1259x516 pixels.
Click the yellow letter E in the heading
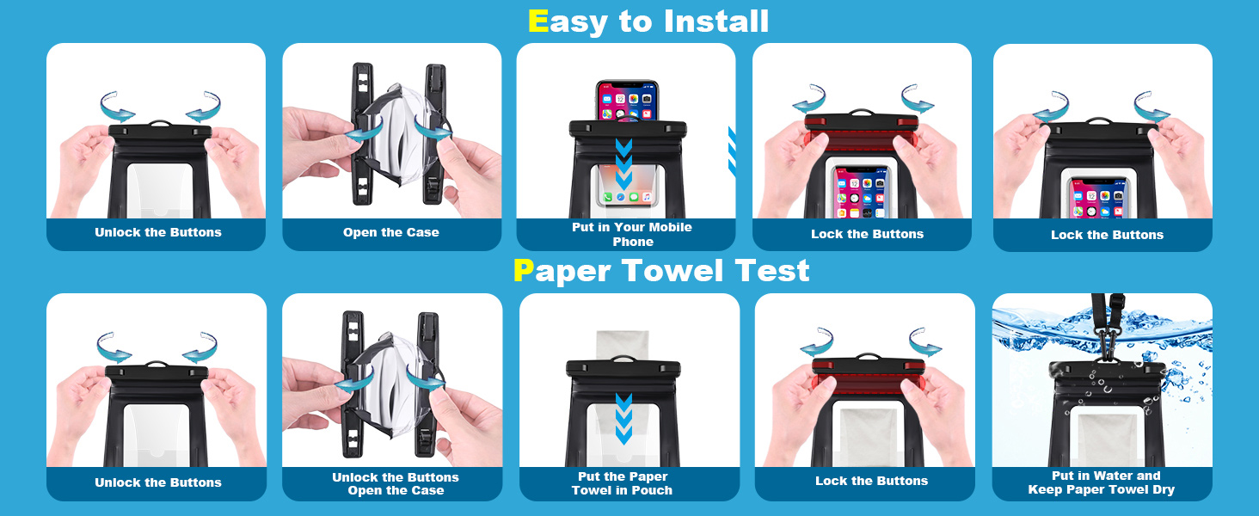538,21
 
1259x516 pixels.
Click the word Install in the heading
716,21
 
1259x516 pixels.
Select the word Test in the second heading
772,271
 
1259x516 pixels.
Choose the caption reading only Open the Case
390,232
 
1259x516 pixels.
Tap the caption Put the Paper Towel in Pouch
622,483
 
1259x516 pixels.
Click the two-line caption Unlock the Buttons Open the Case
395,483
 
